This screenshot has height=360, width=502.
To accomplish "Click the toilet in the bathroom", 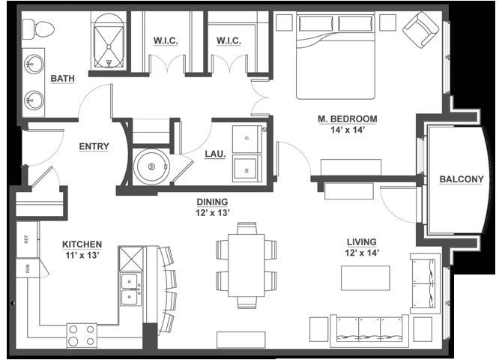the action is click(38, 29).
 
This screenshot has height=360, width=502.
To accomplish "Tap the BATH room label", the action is click(62, 79).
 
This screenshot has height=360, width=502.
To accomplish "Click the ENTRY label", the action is click(94, 146).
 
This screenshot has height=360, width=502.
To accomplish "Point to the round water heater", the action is click(151, 166).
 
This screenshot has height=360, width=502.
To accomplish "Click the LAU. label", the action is click(215, 154).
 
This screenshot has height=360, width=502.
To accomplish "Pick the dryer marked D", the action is click(247, 139).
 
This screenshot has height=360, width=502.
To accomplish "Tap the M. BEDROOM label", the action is click(348, 119).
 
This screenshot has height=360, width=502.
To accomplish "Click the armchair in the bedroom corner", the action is click(420, 30).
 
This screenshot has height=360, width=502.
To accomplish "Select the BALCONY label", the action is click(462, 179).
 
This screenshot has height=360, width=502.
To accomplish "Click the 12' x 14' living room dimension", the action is click(362, 253).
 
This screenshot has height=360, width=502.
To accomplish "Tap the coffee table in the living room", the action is click(366, 278).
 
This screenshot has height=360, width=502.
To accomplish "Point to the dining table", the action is click(247, 265).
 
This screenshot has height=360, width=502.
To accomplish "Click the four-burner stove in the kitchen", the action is click(82, 336).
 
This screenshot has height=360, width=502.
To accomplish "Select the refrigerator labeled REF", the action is click(27, 239).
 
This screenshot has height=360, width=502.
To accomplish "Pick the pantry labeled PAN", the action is click(28, 268).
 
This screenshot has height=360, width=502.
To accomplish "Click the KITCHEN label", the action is click(82, 244).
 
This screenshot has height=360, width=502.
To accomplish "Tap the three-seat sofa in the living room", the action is click(369, 331).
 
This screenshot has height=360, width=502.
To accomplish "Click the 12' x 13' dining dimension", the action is click(213, 213).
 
